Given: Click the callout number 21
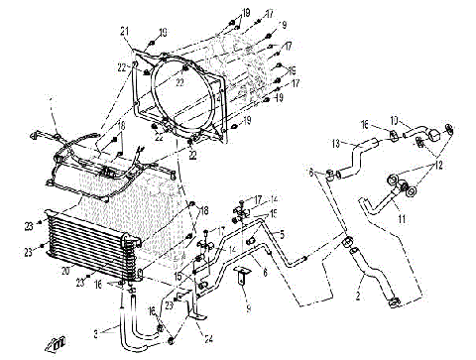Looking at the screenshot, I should [126, 32].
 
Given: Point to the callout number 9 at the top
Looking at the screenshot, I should [283, 24].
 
